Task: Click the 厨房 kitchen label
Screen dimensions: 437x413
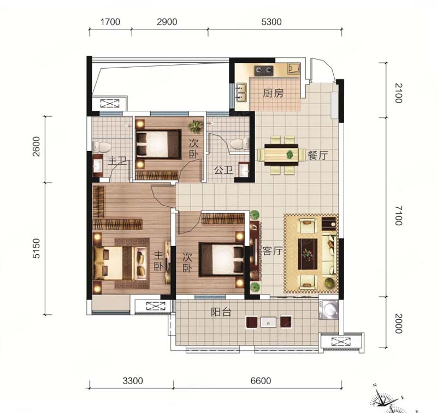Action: click(x=273, y=93)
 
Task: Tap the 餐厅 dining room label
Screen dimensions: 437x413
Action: click(x=318, y=155)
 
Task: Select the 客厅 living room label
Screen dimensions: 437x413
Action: click(x=272, y=251)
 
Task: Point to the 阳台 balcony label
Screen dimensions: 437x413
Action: click(x=221, y=312)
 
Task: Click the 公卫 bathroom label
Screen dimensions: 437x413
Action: click(x=224, y=170)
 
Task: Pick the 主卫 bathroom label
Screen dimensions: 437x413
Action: click(x=117, y=160)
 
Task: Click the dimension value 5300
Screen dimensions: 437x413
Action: click(x=271, y=22)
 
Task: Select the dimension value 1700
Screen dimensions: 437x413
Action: click(x=110, y=22)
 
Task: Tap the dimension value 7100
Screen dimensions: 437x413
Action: click(x=399, y=216)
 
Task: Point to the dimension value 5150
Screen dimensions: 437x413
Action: click(x=36, y=249)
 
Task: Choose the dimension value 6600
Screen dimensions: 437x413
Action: click(x=261, y=381)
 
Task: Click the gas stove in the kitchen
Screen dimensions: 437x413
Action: click(x=264, y=70)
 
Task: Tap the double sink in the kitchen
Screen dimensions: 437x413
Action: click(x=241, y=92)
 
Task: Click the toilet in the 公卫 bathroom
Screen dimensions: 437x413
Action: click(x=239, y=144)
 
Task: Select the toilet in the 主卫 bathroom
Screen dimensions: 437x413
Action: click(x=102, y=147)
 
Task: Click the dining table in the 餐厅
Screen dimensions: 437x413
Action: click(x=281, y=154)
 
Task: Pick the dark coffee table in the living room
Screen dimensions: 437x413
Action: click(x=308, y=254)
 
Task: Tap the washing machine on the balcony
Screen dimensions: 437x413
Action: click(x=329, y=309)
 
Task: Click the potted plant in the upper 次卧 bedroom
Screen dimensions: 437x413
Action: click(x=196, y=127)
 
